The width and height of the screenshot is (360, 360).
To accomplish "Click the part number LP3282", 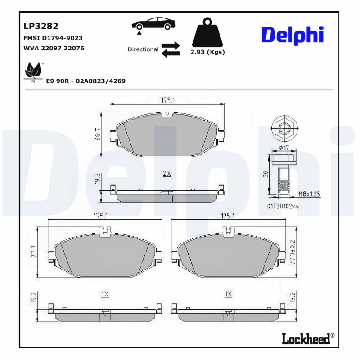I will click(x=41, y=27).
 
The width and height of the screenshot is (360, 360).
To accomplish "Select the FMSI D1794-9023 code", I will click(x=52, y=38).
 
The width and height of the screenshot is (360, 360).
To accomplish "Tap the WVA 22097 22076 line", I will click(x=54, y=48).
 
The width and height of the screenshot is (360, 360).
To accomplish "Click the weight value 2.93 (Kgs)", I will click(x=207, y=52).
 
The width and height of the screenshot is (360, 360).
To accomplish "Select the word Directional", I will click(x=143, y=49).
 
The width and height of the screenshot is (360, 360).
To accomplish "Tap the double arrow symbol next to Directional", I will click(x=171, y=49).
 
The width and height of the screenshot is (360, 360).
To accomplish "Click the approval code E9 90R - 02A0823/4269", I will click(x=86, y=81).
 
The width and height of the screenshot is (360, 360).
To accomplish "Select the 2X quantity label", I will click(x=166, y=173).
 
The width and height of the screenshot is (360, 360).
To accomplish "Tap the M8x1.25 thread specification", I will click(x=309, y=194).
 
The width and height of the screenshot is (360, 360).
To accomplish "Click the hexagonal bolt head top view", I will click(x=284, y=127).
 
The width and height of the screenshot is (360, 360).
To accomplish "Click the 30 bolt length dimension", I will click(x=266, y=175).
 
